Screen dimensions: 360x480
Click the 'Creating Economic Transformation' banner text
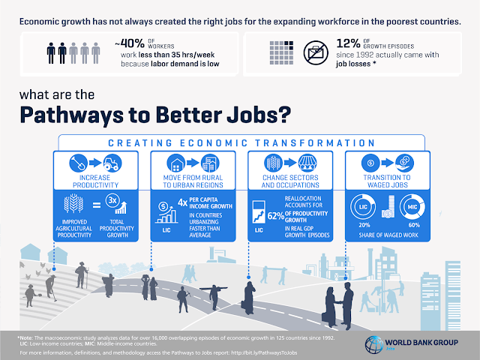point(240,142)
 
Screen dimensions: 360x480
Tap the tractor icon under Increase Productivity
point(111,161)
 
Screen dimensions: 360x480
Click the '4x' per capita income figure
point(182,201)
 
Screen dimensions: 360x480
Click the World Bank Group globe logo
point(373,346)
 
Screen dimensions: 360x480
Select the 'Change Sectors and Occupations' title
point(289,182)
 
